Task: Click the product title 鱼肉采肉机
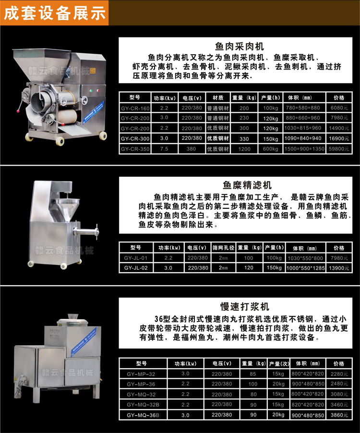pos(240,47)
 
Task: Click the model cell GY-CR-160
pos(135,108)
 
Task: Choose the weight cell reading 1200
pos(244,149)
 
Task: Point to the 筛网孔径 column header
pos(223,248)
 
